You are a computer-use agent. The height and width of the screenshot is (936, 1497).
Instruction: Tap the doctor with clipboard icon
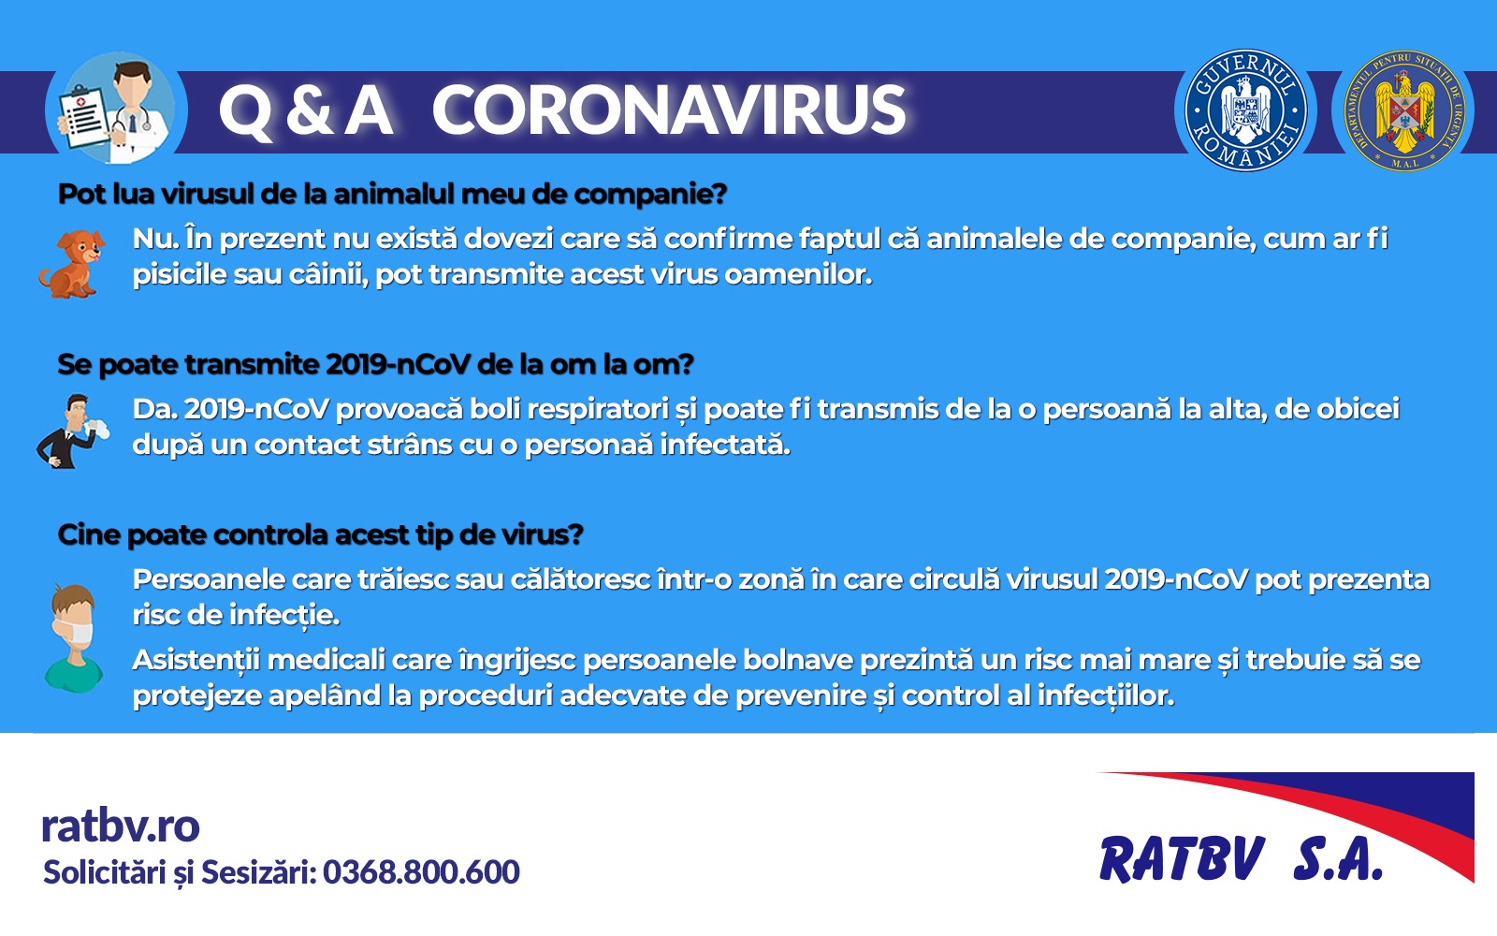point(116,109)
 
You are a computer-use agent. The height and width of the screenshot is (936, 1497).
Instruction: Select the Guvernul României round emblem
point(1245,110)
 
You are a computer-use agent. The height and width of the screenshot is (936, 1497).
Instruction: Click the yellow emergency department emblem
point(1404,110)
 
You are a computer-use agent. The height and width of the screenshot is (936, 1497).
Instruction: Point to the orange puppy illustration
point(72,264)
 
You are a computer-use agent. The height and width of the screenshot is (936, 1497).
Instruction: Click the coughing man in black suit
point(72,431)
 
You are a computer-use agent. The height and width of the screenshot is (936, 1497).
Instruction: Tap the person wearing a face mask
point(74,638)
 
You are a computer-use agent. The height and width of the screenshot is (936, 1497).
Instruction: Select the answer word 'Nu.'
point(155,240)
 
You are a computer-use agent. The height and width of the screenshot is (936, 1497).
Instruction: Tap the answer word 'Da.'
point(154,409)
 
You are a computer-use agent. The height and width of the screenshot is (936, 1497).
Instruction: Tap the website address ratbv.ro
point(121,826)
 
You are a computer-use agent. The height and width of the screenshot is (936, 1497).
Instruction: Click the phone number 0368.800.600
point(421,872)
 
